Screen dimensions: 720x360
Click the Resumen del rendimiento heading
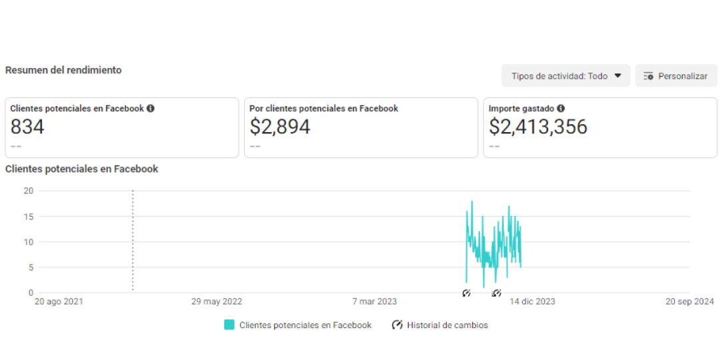pyautogui.click(x=63, y=70)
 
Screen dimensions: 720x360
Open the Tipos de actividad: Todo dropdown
pyautogui.click(x=566, y=76)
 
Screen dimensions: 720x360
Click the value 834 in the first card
pyautogui.click(x=27, y=126)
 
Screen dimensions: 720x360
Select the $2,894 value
pyautogui.click(x=280, y=126)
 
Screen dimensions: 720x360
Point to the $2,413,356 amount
pyautogui.click(x=538, y=126)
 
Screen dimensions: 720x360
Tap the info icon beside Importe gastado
pyautogui.click(x=561, y=109)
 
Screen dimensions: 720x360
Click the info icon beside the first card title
pyautogui.click(x=151, y=109)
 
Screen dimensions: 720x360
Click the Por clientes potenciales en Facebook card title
pyautogui.click(x=324, y=109)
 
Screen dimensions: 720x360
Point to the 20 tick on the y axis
pyautogui.click(x=29, y=191)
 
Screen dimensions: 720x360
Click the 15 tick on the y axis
pyautogui.click(x=29, y=216)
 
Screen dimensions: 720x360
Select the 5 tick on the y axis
pyautogui.click(x=31, y=267)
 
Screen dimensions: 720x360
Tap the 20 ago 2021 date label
pyautogui.click(x=59, y=302)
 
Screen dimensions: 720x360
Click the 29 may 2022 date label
pyautogui.click(x=217, y=302)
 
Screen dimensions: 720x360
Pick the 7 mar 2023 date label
pyautogui.click(x=375, y=302)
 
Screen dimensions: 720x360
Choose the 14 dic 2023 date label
pyautogui.click(x=532, y=302)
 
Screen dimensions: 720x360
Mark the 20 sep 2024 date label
pyautogui.click(x=690, y=302)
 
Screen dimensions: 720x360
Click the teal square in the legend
pyautogui.click(x=229, y=325)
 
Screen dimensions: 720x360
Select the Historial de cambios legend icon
pyautogui.click(x=397, y=325)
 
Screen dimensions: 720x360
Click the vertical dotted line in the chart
pyautogui.click(x=133, y=241)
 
